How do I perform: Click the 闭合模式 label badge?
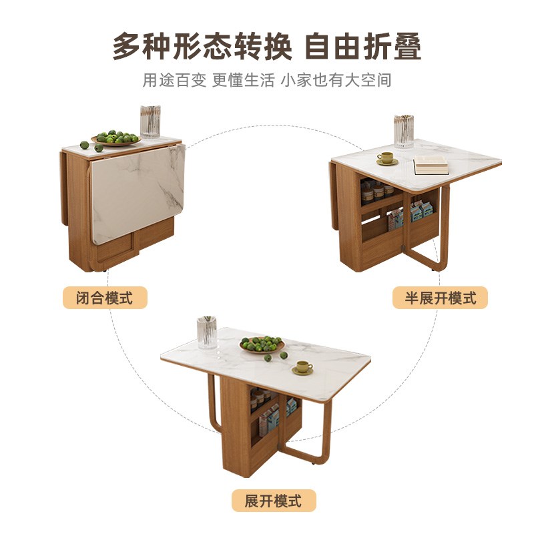pos(105,298)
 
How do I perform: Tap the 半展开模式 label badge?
pos(440,298)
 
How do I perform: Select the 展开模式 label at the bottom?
pos(274,501)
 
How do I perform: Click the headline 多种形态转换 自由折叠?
pos(267,46)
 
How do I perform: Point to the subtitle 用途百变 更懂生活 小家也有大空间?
pos(266,80)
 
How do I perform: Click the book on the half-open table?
pos(431,165)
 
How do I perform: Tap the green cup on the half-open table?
pos(386,159)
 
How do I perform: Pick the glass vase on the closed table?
pos(150,122)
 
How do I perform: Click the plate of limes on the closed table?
pos(116,138)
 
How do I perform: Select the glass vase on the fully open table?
pos(207,332)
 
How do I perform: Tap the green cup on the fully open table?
pos(303,368)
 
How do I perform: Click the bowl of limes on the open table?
pos(262,344)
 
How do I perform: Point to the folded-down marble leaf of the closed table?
pos(137,194)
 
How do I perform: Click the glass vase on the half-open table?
pos(404,131)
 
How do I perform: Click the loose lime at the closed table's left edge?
pos(85,145)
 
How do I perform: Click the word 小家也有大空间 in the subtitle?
pos(336,80)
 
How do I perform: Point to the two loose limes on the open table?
pos(276,356)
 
